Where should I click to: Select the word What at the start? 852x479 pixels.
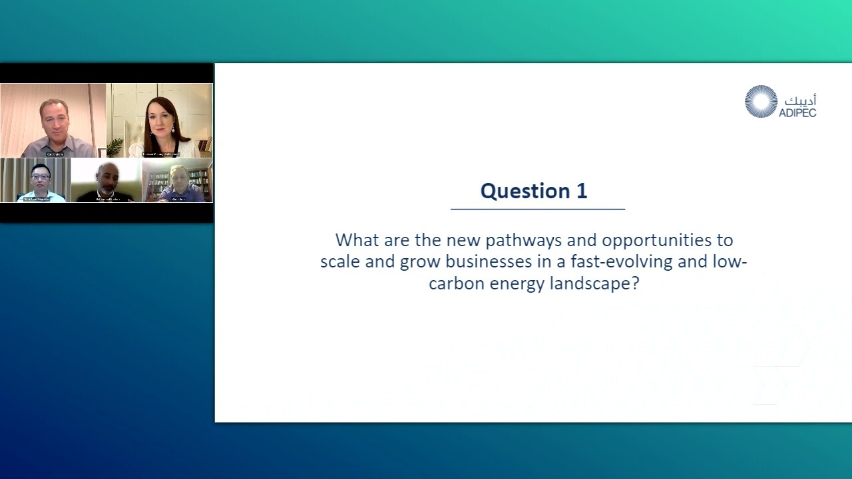(357, 240)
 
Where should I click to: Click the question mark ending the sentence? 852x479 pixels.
(635, 283)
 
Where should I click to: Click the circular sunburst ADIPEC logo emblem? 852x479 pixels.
(761, 102)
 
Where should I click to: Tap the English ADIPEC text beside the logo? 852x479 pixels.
(797, 112)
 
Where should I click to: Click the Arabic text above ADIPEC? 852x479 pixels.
(800, 100)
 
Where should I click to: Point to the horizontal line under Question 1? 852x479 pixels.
(538, 209)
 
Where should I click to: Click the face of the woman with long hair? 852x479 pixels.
(160, 118)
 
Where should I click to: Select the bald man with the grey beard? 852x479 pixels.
(107, 177)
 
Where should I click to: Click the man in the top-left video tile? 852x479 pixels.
(53, 120)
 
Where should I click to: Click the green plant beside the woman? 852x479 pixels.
(116, 146)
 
